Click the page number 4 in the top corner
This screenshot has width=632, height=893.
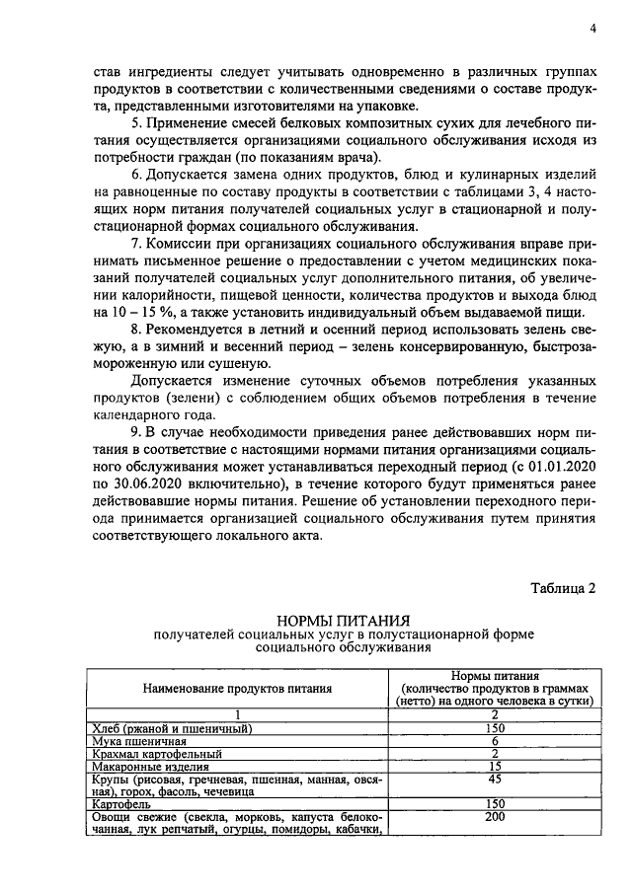592,29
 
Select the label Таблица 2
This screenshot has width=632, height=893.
564,589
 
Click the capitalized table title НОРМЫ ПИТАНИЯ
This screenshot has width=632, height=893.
343,619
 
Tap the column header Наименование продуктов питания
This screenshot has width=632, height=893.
237,687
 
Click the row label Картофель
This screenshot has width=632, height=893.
118,804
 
